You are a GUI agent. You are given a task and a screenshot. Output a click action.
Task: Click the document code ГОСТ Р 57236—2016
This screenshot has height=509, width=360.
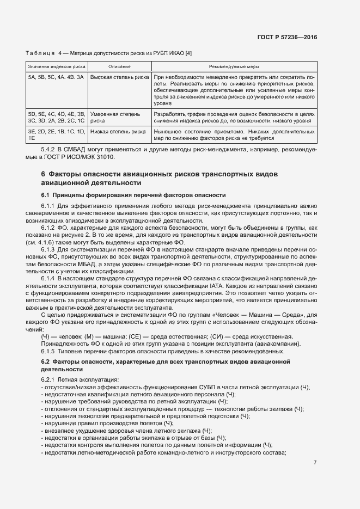tap(287, 37)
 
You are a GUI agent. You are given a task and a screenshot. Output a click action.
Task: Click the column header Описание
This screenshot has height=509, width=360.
tap(119, 66)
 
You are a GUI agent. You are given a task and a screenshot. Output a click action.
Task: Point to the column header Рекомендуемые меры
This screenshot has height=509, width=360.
tap(234, 66)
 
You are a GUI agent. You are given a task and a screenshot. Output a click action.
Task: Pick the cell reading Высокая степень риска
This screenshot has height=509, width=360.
tap(119, 77)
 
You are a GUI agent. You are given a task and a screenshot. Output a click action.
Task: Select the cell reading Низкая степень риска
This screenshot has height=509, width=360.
tap(118, 132)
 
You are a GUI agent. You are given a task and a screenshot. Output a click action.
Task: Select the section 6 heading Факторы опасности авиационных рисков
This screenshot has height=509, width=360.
tap(159, 178)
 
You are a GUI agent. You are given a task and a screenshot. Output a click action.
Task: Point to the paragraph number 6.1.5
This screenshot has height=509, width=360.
tap(50, 352)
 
